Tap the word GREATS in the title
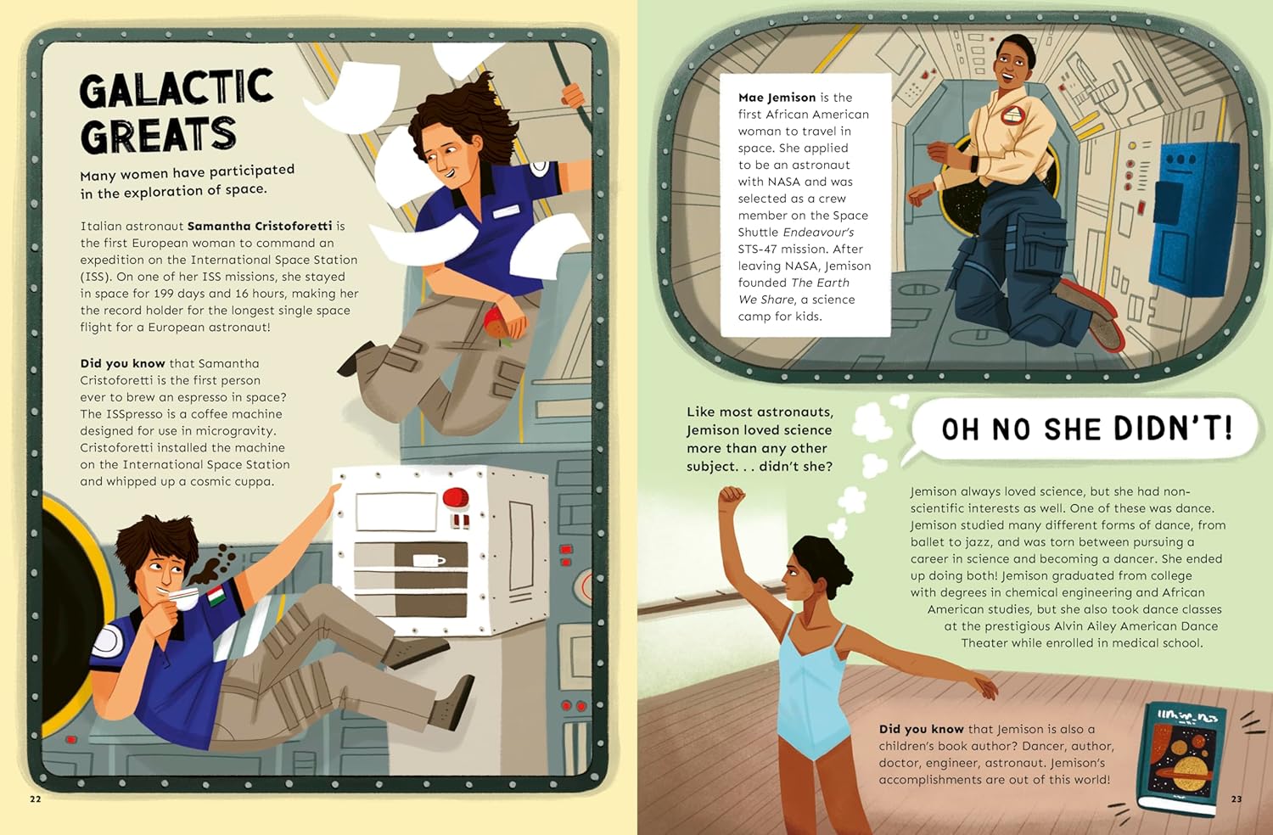pyautogui.click(x=158, y=135)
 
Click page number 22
pyautogui.click(x=36, y=799)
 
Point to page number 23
pyautogui.click(x=1237, y=799)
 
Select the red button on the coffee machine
pyautogui.click(x=456, y=496)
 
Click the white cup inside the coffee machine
pyautogui.click(x=429, y=560)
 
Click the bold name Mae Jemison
pyautogui.click(x=777, y=98)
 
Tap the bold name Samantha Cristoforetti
pyautogui.click(x=260, y=226)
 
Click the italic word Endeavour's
pyautogui.click(x=818, y=232)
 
